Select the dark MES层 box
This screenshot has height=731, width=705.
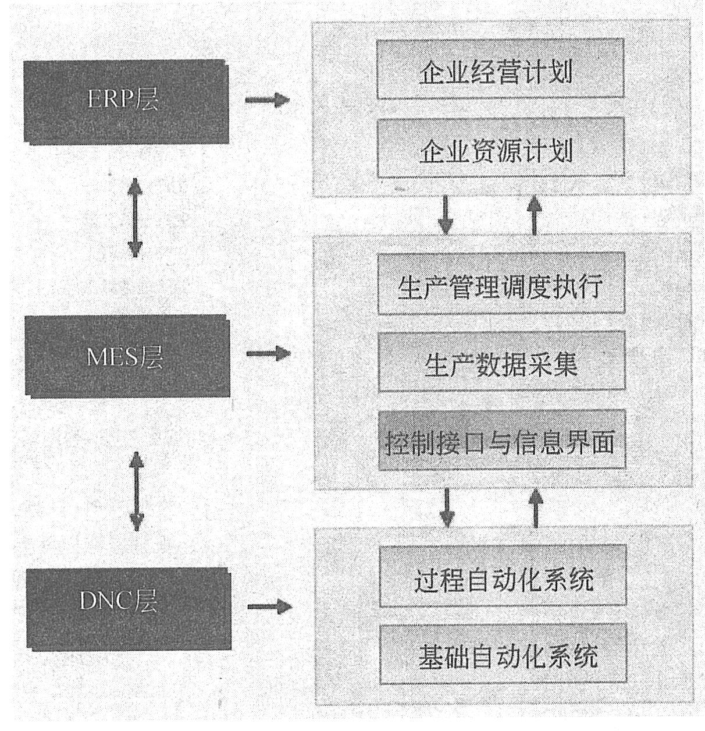(x=125, y=355)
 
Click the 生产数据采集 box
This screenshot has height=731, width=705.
(x=501, y=361)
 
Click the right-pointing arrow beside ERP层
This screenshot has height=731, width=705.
(x=267, y=100)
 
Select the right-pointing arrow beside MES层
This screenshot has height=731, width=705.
(x=268, y=353)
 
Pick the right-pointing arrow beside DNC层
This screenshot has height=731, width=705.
(x=269, y=606)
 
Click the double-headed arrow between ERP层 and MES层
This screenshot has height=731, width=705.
(x=135, y=217)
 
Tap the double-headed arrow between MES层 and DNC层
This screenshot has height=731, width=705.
(x=136, y=492)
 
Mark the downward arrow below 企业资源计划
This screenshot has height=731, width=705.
(x=446, y=215)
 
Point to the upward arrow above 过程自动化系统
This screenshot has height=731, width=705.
(x=536, y=506)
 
